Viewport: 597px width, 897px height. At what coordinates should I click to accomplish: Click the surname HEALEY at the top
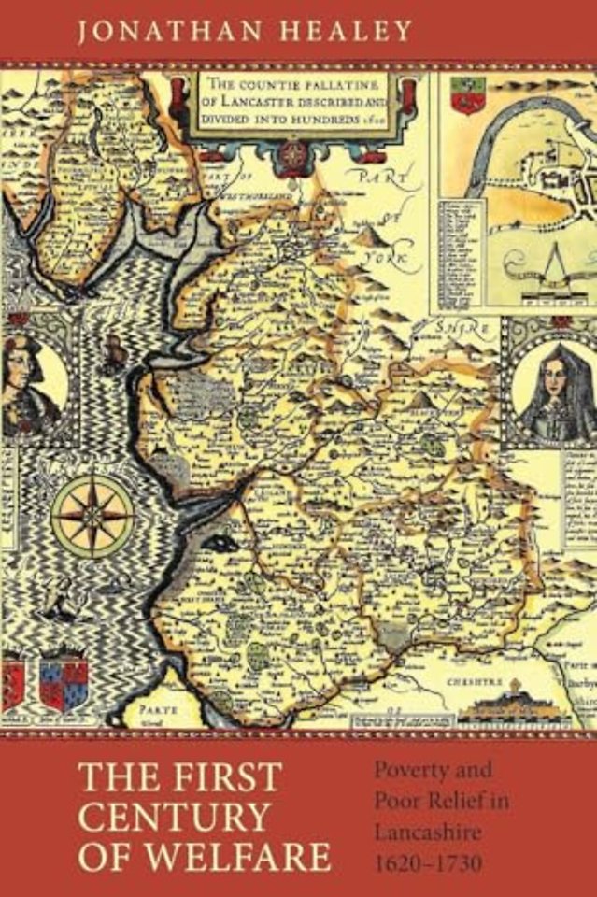(346, 30)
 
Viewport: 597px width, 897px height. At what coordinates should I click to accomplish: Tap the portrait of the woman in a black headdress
(553, 388)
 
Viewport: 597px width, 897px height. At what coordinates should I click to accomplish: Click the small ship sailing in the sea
(114, 354)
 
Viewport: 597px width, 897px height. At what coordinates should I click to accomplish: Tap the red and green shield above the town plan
(461, 93)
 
